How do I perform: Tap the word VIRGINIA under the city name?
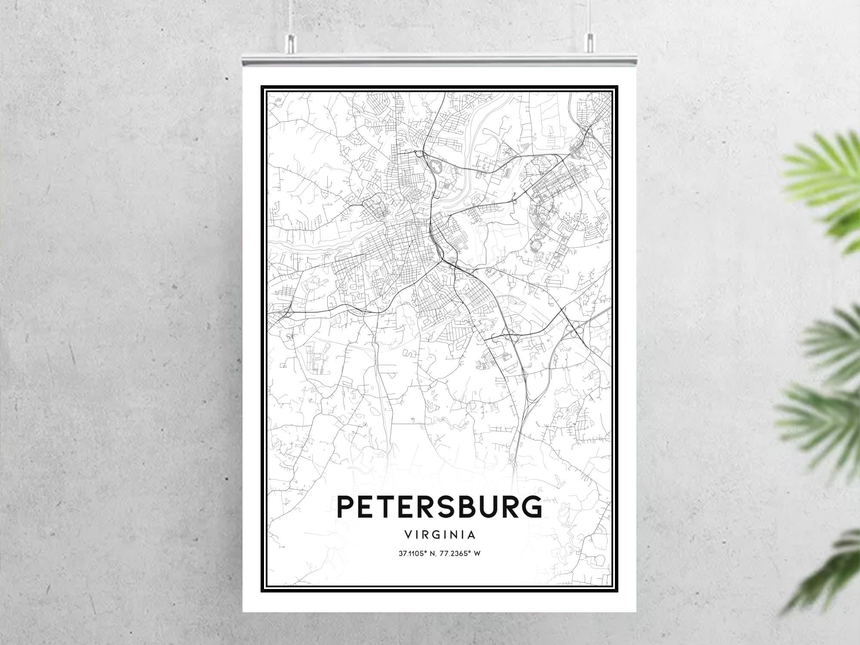439,535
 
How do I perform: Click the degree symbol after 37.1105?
426,552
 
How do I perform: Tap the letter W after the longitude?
477,553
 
